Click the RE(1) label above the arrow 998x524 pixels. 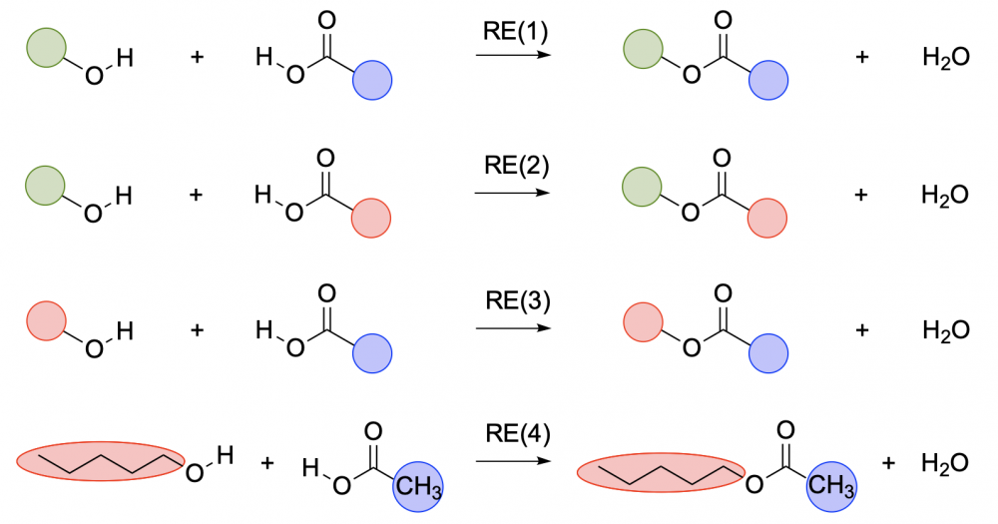click(x=516, y=32)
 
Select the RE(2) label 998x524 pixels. click(x=516, y=166)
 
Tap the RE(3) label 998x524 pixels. click(x=517, y=300)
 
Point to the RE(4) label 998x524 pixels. click(x=517, y=434)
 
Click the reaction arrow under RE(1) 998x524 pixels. click(x=513, y=55)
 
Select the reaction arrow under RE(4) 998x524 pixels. click(x=513, y=461)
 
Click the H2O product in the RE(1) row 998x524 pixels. click(x=946, y=57)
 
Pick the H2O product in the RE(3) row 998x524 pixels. click(x=946, y=330)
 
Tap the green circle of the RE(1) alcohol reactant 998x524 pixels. click(x=47, y=48)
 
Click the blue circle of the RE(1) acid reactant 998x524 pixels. click(x=371, y=80)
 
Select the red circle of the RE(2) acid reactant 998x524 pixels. click(x=371, y=218)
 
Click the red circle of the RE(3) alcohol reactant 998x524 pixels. click(x=46, y=321)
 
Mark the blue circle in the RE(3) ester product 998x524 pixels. click(x=768, y=353)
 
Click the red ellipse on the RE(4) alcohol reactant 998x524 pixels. click(x=101, y=461)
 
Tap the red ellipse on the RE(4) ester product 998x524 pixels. click(x=661, y=472)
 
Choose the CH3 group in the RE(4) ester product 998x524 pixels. click(x=832, y=486)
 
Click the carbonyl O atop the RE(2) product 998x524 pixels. click(x=722, y=158)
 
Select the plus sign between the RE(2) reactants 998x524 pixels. click(x=196, y=195)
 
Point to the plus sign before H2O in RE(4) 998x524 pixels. click(x=888, y=463)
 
